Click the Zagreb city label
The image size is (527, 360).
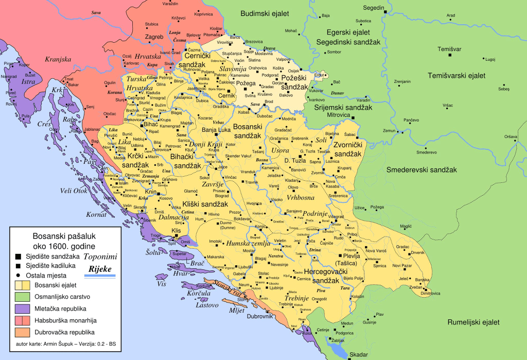[x=154, y=37]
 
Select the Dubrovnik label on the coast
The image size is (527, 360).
[x=258, y=316]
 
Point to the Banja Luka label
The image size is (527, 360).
[x=217, y=130]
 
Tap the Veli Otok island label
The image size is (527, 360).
[x=74, y=191]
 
